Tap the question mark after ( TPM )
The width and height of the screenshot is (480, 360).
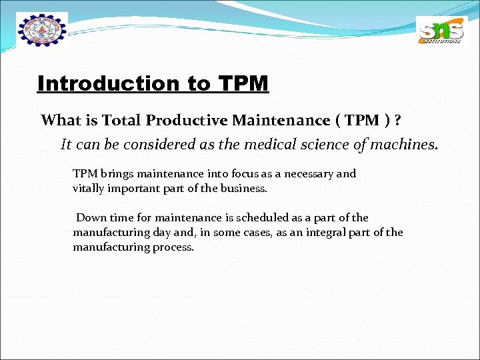point(398,121)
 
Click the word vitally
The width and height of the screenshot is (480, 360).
point(88,189)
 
